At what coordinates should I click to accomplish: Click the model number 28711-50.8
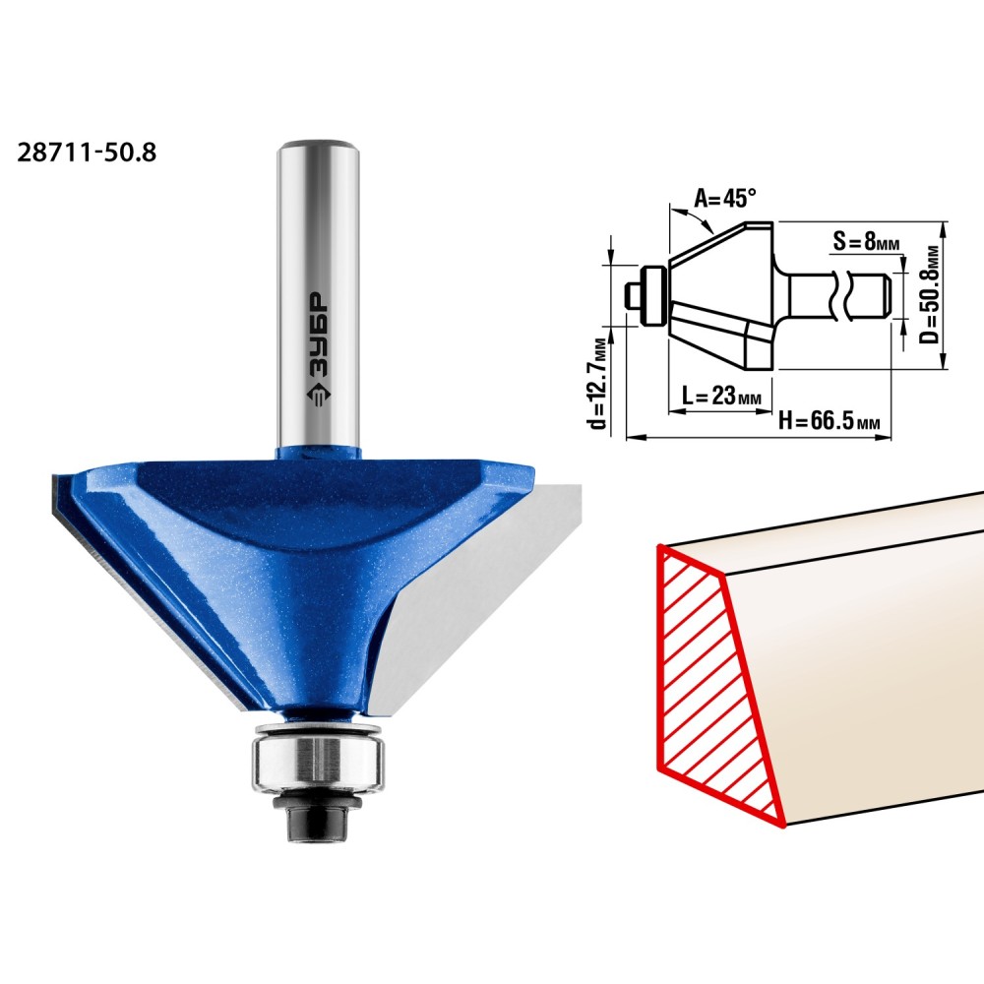coord(87,153)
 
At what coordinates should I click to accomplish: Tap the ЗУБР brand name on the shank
coord(318,336)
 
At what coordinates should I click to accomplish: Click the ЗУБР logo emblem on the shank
coord(318,395)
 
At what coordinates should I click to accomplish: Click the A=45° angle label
coord(725,199)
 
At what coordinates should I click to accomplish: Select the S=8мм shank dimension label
coord(866,239)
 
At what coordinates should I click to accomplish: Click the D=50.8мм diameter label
coord(932,294)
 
